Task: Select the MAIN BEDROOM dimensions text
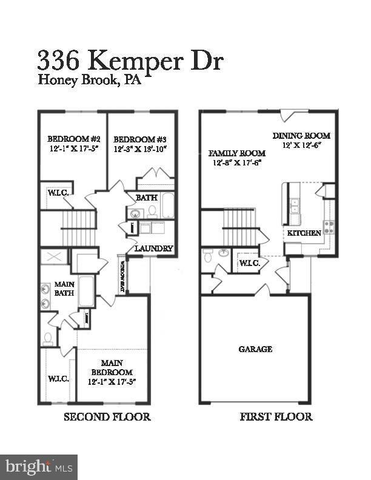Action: (x=112, y=382)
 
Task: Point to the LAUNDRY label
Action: (x=153, y=248)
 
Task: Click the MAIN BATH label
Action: (x=64, y=288)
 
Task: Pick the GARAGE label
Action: (x=255, y=349)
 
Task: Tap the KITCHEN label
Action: (x=300, y=233)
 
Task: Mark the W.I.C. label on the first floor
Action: (x=249, y=263)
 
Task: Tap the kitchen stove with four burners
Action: (x=328, y=227)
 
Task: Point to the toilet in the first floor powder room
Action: (x=208, y=257)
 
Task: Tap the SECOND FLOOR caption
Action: (x=107, y=417)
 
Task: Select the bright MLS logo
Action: (x=38, y=467)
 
